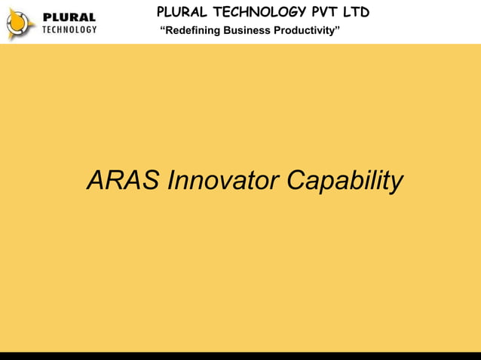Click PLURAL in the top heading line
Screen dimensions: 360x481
click(183, 12)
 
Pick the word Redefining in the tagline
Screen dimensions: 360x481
click(189, 31)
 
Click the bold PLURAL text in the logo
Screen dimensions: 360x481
click(69, 17)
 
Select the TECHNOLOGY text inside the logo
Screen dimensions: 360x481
click(69, 29)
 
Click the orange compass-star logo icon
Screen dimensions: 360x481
click(20, 23)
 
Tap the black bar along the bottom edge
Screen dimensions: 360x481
click(240, 355)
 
